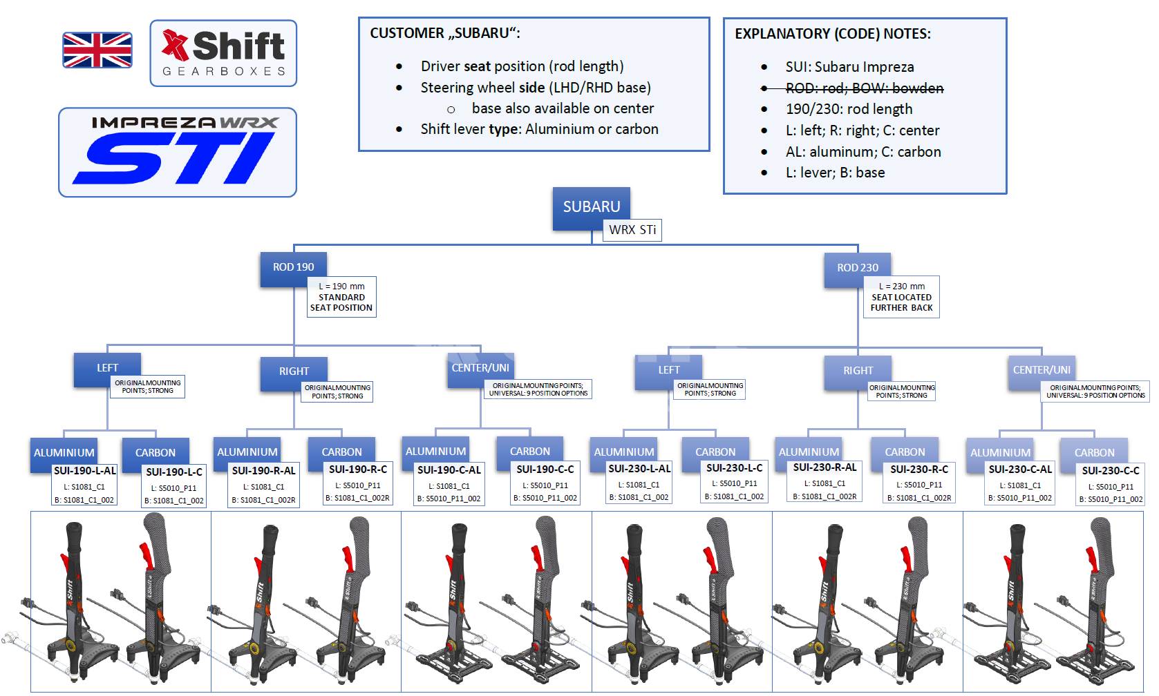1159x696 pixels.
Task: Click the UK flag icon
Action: tap(97, 50)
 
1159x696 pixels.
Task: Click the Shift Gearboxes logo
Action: tap(223, 53)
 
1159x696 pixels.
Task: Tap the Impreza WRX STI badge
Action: tap(178, 152)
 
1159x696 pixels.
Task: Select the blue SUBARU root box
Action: tap(591, 207)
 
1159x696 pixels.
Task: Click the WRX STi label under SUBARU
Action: tap(632, 230)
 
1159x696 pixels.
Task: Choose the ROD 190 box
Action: tap(293, 268)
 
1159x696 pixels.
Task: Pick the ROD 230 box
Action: tap(858, 269)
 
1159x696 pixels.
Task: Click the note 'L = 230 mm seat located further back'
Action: tap(901, 297)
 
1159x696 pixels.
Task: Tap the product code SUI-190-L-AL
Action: tap(85, 471)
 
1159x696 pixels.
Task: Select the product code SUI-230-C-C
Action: tap(1111, 471)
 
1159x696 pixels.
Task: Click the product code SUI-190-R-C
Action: tap(358, 470)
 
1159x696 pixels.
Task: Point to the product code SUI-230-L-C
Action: tap(734, 468)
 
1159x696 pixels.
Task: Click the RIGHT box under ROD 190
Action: tap(294, 372)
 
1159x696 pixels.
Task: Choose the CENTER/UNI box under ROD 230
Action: tap(1042, 371)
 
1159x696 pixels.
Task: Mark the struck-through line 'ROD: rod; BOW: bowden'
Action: tap(864, 88)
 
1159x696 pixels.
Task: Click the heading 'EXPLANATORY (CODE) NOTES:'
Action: tap(832, 34)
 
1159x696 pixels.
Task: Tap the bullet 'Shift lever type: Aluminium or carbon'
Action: tap(539, 129)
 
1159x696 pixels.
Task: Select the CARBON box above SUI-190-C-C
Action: tap(530, 452)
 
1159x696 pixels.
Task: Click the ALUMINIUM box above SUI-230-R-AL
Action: tap(809, 452)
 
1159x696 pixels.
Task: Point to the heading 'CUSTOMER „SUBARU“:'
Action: tap(445, 33)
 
